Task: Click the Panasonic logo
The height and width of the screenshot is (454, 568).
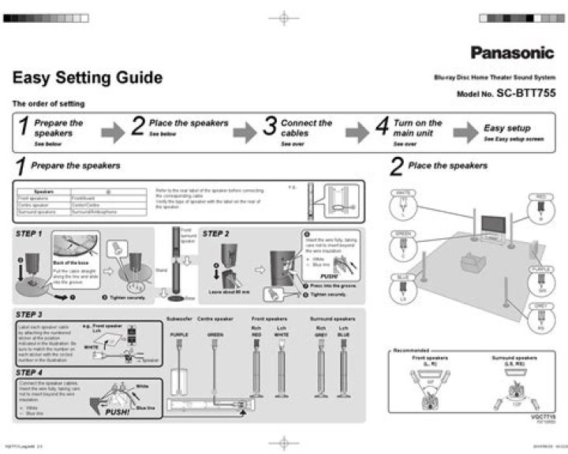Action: tap(513, 54)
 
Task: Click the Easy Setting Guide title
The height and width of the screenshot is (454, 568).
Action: tap(88, 78)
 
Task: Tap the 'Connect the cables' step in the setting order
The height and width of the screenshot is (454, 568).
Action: tap(306, 128)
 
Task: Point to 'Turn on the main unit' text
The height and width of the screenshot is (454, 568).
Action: tap(417, 128)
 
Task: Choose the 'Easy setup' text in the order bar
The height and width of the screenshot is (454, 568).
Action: tap(506, 128)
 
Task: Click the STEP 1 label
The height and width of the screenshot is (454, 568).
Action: tap(28, 234)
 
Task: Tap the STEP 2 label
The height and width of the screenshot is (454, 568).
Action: tap(215, 234)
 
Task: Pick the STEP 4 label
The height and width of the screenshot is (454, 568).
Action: tap(28, 372)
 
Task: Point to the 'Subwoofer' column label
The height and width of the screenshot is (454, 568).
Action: tap(179, 319)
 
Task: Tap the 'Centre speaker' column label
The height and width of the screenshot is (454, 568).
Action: tap(216, 319)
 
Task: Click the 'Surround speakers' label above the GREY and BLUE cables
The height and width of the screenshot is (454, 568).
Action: tap(331, 319)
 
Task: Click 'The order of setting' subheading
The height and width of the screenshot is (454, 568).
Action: tap(48, 104)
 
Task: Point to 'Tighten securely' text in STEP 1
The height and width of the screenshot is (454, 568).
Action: tap(127, 298)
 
